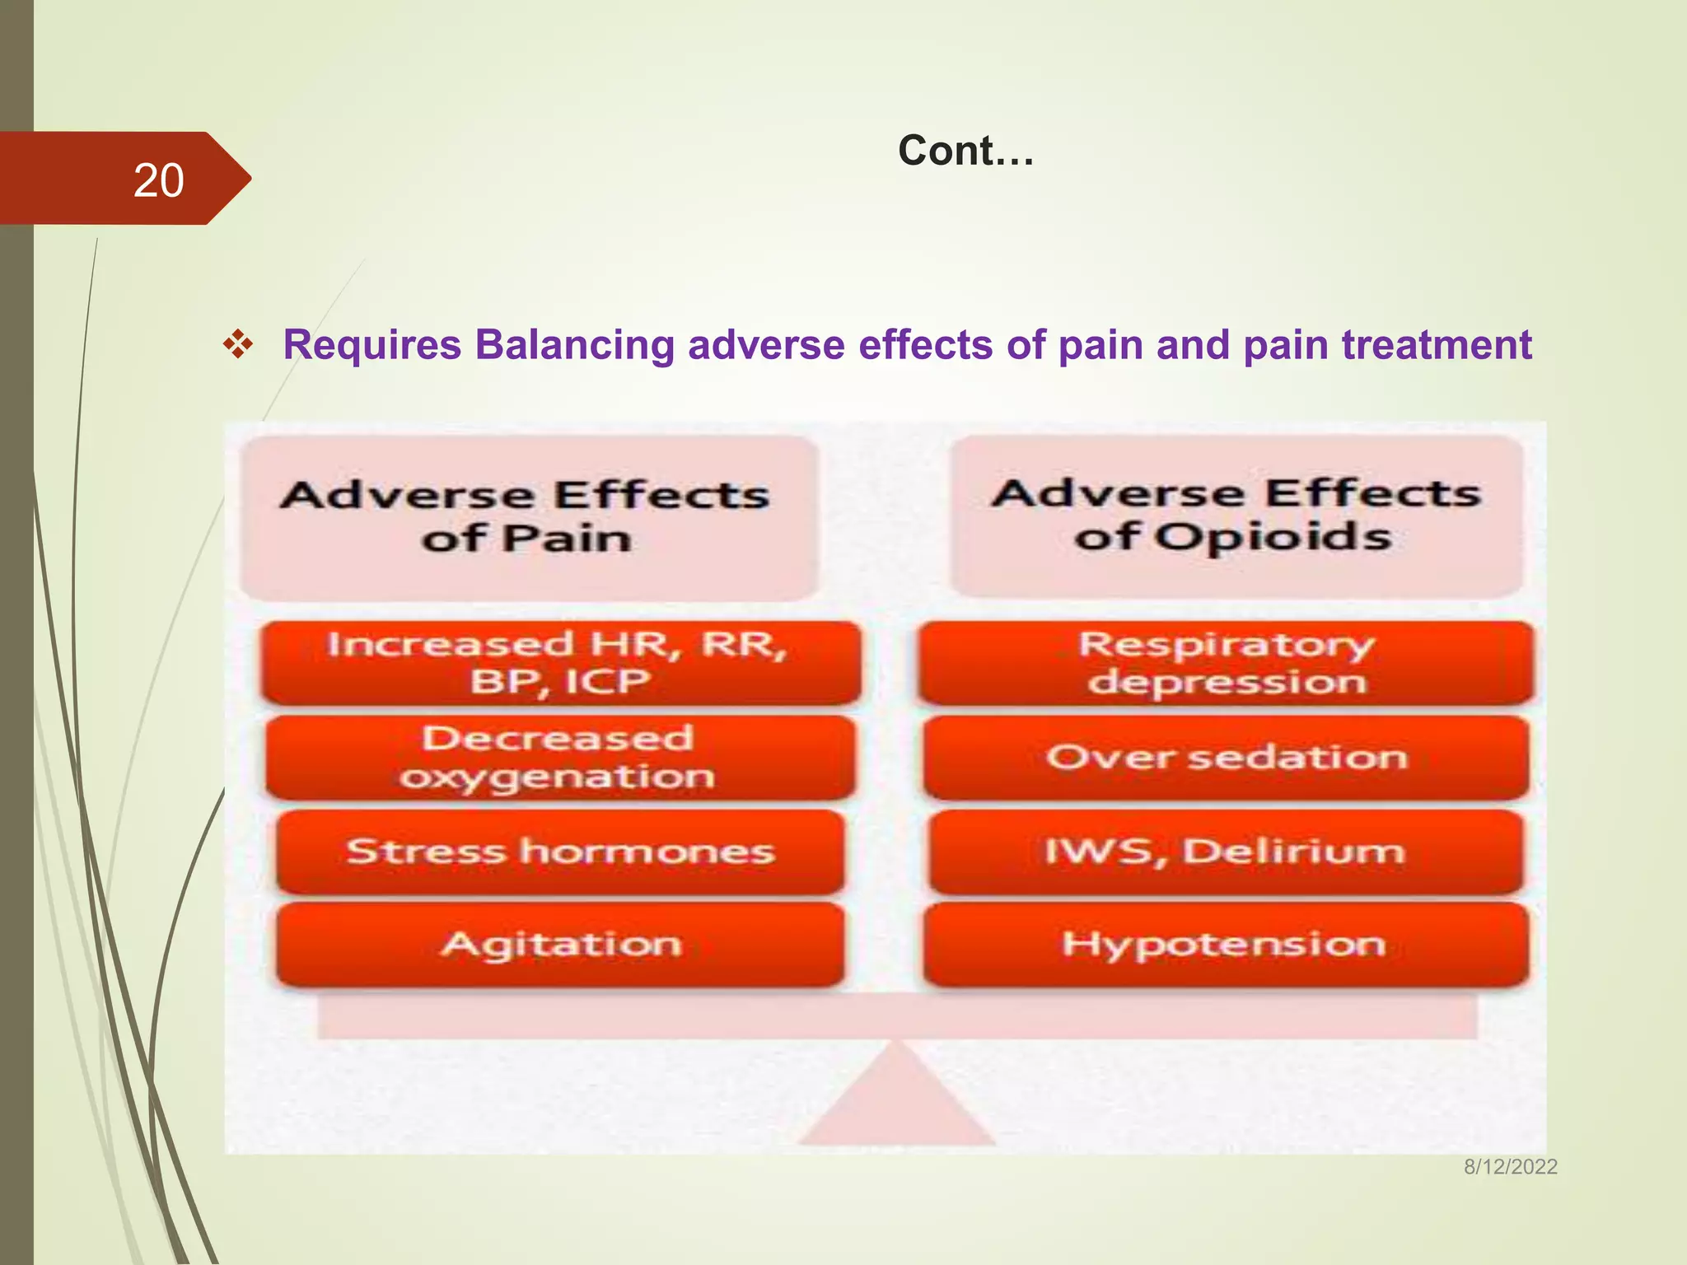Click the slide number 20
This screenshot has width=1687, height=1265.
(x=158, y=180)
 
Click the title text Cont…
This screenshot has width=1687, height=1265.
(x=965, y=151)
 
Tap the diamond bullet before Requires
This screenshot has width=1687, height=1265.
(x=238, y=344)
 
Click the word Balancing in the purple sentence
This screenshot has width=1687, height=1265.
(x=575, y=344)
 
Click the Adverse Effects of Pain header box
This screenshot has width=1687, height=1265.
(x=527, y=517)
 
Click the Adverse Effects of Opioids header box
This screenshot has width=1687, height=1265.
(x=1236, y=516)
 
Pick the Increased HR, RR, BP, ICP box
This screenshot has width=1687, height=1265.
(x=560, y=663)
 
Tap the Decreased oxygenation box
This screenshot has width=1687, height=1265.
(x=560, y=758)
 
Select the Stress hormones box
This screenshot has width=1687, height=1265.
(x=560, y=852)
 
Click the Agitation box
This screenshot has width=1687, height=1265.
(x=560, y=944)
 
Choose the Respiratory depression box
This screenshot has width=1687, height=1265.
(x=1226, y=663)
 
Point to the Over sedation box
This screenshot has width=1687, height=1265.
(x=1226, y=758)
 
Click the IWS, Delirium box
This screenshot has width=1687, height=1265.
(x=1226, y=852)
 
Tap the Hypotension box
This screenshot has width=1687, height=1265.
(x=1226, y=944)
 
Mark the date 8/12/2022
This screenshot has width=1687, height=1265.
(x=1510, y=1166)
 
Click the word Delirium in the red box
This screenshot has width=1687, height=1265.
(x=1293, y=852)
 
